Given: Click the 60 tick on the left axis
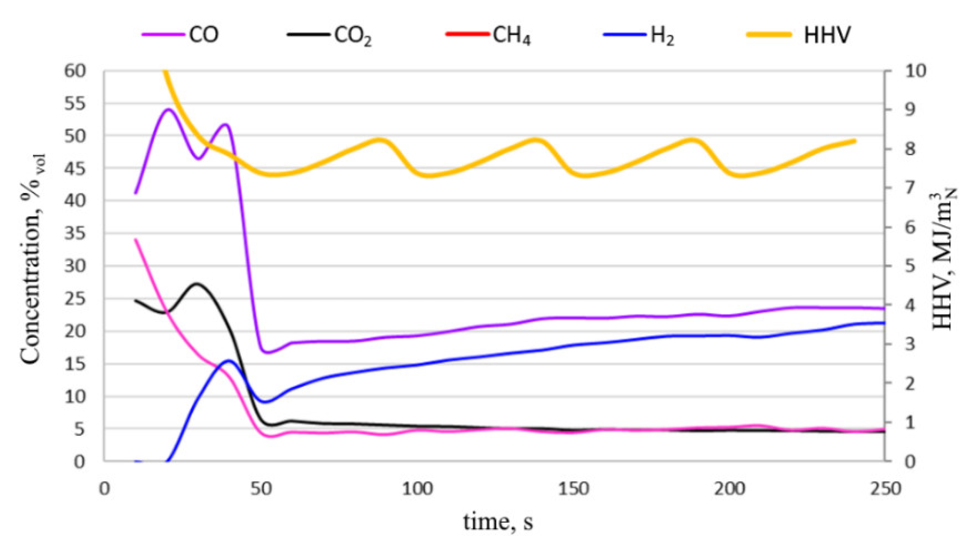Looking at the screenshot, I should tap(75, 71).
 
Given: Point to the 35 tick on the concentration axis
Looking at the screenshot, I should tap(75, 233).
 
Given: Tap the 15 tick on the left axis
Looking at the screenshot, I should tap(75, 364).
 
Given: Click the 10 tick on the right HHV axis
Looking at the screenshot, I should tap(915, 71).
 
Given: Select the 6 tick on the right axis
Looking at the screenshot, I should tap(910, 227).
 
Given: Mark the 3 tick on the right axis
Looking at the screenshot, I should tap(910, 344).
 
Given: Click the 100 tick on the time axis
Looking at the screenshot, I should tap(417, 489).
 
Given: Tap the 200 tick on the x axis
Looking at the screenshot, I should tap(729, 489).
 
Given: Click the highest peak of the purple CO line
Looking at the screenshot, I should tap(168, 110).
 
